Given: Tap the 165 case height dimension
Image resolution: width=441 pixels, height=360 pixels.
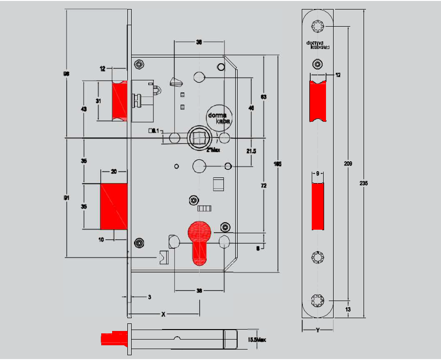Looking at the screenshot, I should [278, 164].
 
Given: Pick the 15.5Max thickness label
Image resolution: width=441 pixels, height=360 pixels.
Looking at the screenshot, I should [257, 340].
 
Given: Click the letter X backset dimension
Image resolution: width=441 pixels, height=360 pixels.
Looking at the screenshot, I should [164, 314].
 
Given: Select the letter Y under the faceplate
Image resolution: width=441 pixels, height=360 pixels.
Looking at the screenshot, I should [316, 329].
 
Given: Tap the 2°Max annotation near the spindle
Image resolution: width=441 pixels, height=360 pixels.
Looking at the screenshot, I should [213, 150].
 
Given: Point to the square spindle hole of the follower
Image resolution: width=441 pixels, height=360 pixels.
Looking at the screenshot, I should [198, 138].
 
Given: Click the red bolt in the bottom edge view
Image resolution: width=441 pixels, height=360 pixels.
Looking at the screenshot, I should [114, 339].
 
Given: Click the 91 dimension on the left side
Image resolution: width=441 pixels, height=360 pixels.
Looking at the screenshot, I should [67, 197].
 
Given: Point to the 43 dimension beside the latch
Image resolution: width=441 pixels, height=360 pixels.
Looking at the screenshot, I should [84, 109].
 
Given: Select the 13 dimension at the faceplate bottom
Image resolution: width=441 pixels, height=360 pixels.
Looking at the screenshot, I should [348, 309].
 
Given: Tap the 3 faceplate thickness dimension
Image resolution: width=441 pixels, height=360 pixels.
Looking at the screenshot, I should [149, 297].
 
